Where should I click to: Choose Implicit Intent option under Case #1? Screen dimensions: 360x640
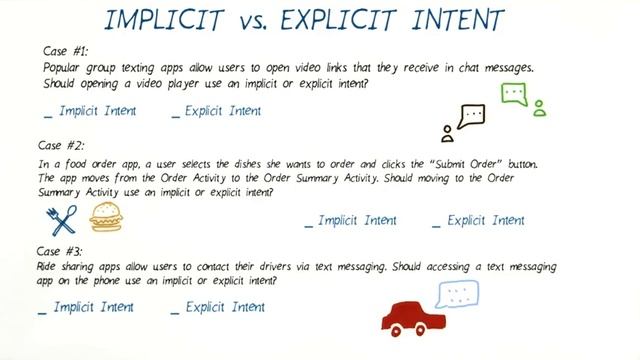[x=91, y=111]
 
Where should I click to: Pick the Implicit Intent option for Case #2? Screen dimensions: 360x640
[x=350, y=220]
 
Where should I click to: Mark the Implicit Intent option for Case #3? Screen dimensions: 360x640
[x=91, y=307]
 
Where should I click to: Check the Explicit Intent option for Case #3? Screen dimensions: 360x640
[x=218, y=307]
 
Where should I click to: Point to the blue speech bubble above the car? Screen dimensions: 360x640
[x=459, y=294]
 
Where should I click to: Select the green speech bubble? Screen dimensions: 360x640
[x=513, y=96]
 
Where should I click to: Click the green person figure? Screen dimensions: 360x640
[x=540, y=109]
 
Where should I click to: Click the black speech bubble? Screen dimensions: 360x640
[x=471, y=118]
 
